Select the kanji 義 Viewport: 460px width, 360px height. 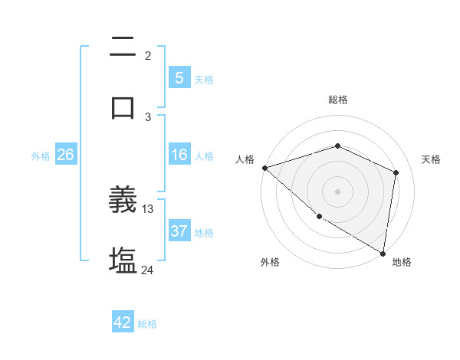(x=123, y=201)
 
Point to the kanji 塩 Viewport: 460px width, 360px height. (x=123, y=260)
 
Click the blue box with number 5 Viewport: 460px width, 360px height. (x=179, y=78)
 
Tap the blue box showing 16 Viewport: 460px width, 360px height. (x=179, y=155)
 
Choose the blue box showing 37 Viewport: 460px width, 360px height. (x=179, y=231)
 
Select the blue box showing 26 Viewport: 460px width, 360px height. (x=65, y=155)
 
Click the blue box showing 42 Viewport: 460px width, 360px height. (x=123, y=322)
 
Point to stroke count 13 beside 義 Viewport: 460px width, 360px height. (x=148, y=208)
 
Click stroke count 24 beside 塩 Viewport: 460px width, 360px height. (x=148, y=270)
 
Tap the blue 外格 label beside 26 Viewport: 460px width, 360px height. (x=41, y=155)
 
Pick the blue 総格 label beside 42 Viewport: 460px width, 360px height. (x=147, y=323)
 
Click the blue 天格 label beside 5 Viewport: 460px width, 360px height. (x=204, y=79)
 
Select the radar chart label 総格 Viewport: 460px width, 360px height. (x=337, y=100)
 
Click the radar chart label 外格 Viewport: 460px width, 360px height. (x=270, y=262)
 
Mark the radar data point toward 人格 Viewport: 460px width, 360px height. (x=264, y=168)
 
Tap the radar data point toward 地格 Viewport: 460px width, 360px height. (x=383, y=253)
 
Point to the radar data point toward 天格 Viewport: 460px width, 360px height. (x=396, y=172)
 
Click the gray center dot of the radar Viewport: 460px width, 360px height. (x=337, y=191)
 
